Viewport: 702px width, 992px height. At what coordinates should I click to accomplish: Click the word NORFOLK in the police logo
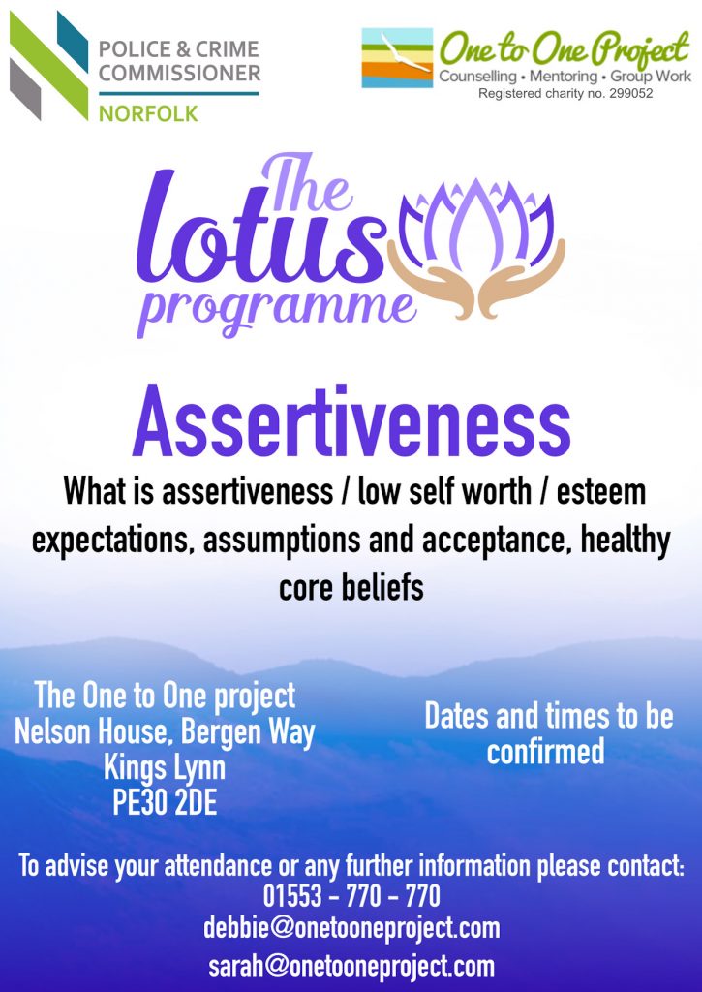[x=148, y=114]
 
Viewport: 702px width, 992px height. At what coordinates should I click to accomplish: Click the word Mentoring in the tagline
[x=563, y=77]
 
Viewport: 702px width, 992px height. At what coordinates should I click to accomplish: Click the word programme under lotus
[x=276, y=310]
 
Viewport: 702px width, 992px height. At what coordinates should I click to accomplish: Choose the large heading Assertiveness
[x=351, y=421]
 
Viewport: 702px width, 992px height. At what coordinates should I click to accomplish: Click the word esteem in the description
[x=600, y=492]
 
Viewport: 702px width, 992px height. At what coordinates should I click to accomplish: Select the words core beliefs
[x=351, y=588]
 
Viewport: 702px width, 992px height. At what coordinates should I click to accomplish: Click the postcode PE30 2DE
[x=165, y=802]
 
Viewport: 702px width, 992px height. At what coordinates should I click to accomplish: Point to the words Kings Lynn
[x=165, y=768]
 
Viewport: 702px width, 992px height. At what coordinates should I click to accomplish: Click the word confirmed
[x=545, y=752]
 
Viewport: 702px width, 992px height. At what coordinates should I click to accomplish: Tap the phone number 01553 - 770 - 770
[x=351, y=896]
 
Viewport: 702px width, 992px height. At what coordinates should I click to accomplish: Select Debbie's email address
[x=351, y=929]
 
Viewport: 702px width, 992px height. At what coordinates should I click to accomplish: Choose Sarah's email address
[x=351, y=966]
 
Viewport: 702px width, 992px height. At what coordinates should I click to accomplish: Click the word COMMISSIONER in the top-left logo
[x=179, y=74]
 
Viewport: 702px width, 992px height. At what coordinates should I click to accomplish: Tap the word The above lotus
[x=306, y=182]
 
